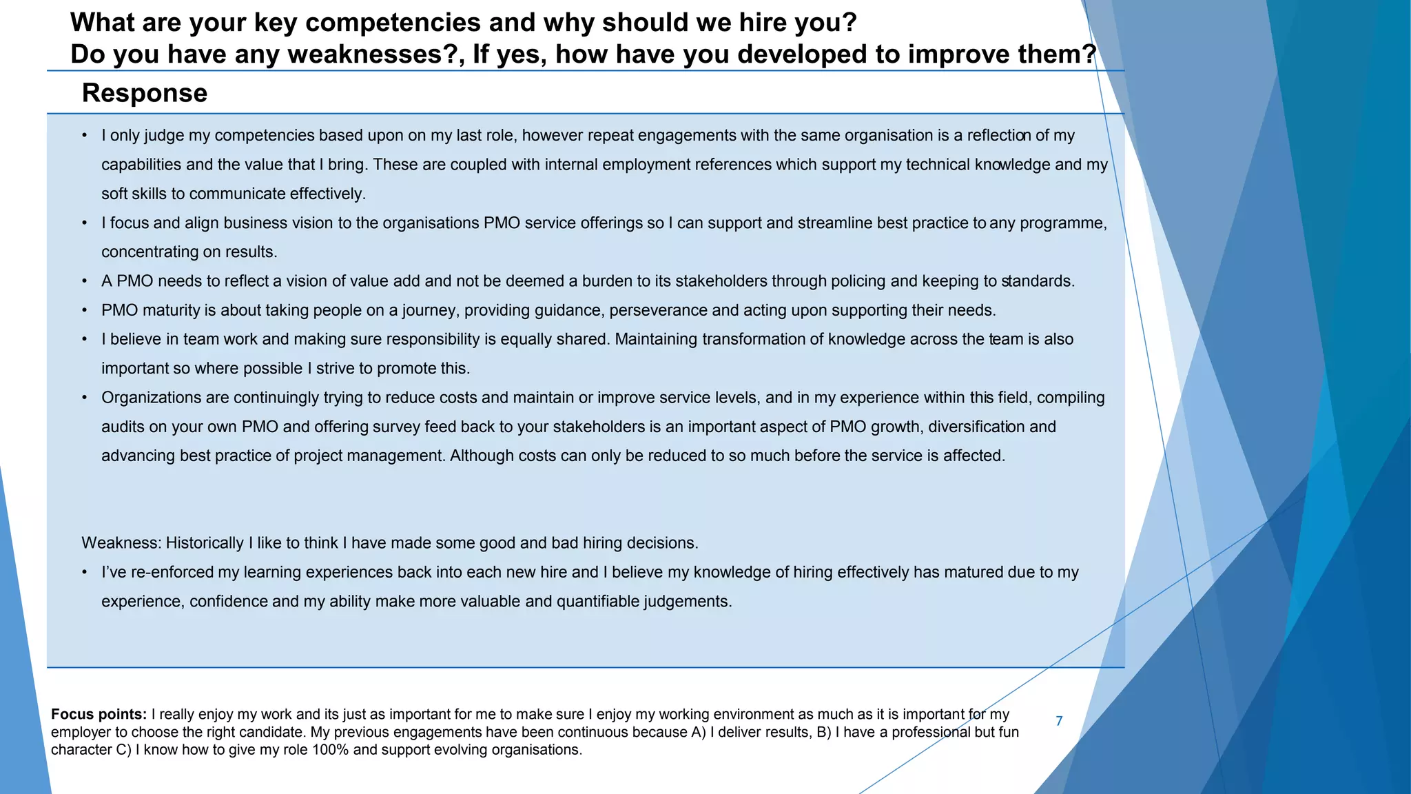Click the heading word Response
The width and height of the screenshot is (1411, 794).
pos(144,93)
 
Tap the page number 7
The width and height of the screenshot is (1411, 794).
pos(1059,721)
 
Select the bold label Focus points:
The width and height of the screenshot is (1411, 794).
pos(99,714)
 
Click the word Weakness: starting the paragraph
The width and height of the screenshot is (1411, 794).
pos(121,543)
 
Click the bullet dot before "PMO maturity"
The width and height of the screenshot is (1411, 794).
pos(84,310)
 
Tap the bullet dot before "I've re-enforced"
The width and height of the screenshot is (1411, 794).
pos(84,572)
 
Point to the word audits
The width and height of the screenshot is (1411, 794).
pos(123,427)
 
